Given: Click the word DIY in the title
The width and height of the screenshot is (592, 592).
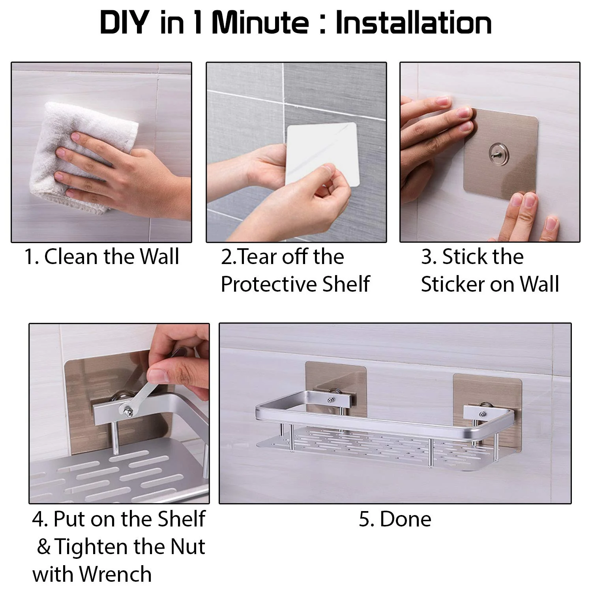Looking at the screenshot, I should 124,23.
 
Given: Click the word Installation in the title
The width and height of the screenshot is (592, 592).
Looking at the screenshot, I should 413,23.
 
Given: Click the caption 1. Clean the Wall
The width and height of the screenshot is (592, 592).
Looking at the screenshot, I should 102,257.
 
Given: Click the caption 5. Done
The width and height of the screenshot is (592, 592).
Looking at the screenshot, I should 395,519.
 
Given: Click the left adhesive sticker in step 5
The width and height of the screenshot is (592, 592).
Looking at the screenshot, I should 335,379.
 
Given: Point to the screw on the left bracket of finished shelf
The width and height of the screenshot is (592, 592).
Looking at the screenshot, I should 330,400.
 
